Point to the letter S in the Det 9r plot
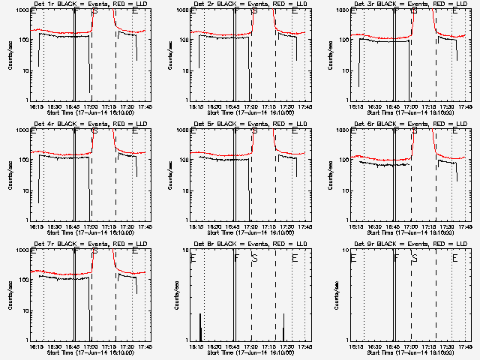tap(415, 258)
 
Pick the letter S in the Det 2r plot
tap(255, 12)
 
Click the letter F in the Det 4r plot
tap(76, 132)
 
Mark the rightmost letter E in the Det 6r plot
tap(454, 132)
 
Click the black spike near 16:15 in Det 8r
tap(200, 327)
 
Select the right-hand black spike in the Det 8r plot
tap(284, 327)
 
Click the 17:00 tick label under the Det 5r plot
tap(250, 226)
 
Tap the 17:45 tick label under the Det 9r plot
tap(464, 346)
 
